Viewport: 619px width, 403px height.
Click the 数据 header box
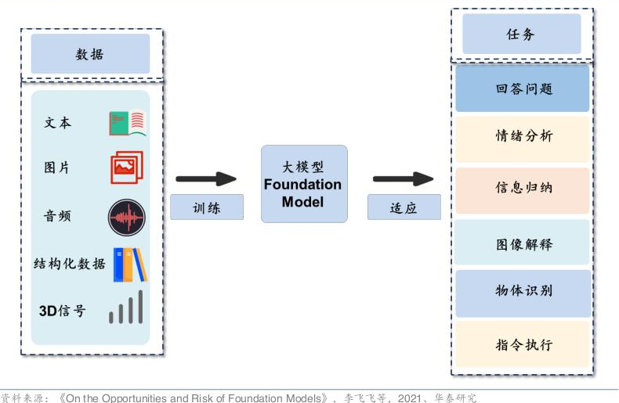click(90, 54)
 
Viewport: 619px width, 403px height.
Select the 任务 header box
click(521, 34)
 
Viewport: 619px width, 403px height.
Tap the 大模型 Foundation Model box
click(303, 184)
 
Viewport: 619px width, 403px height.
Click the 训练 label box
click(207, 207)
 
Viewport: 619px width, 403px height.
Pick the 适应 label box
click(404, 207)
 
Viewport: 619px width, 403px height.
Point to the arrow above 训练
click(206, 179)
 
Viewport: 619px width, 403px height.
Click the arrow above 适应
click(403, 179)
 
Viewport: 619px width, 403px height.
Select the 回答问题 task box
click(523, 88)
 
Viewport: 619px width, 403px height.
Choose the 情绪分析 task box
click(523, 138)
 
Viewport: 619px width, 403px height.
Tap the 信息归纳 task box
click(523, 190)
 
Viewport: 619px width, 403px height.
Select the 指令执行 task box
click(523, 344)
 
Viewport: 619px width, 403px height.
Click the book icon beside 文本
click(127, 123)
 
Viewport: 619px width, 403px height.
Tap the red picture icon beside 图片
click(127, 167)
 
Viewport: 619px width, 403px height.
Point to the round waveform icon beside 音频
click(127, 217)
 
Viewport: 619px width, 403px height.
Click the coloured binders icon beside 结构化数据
click(129, 264)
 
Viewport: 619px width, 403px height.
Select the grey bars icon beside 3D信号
click(126, 308)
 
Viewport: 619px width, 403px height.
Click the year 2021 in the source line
click(411, 398)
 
